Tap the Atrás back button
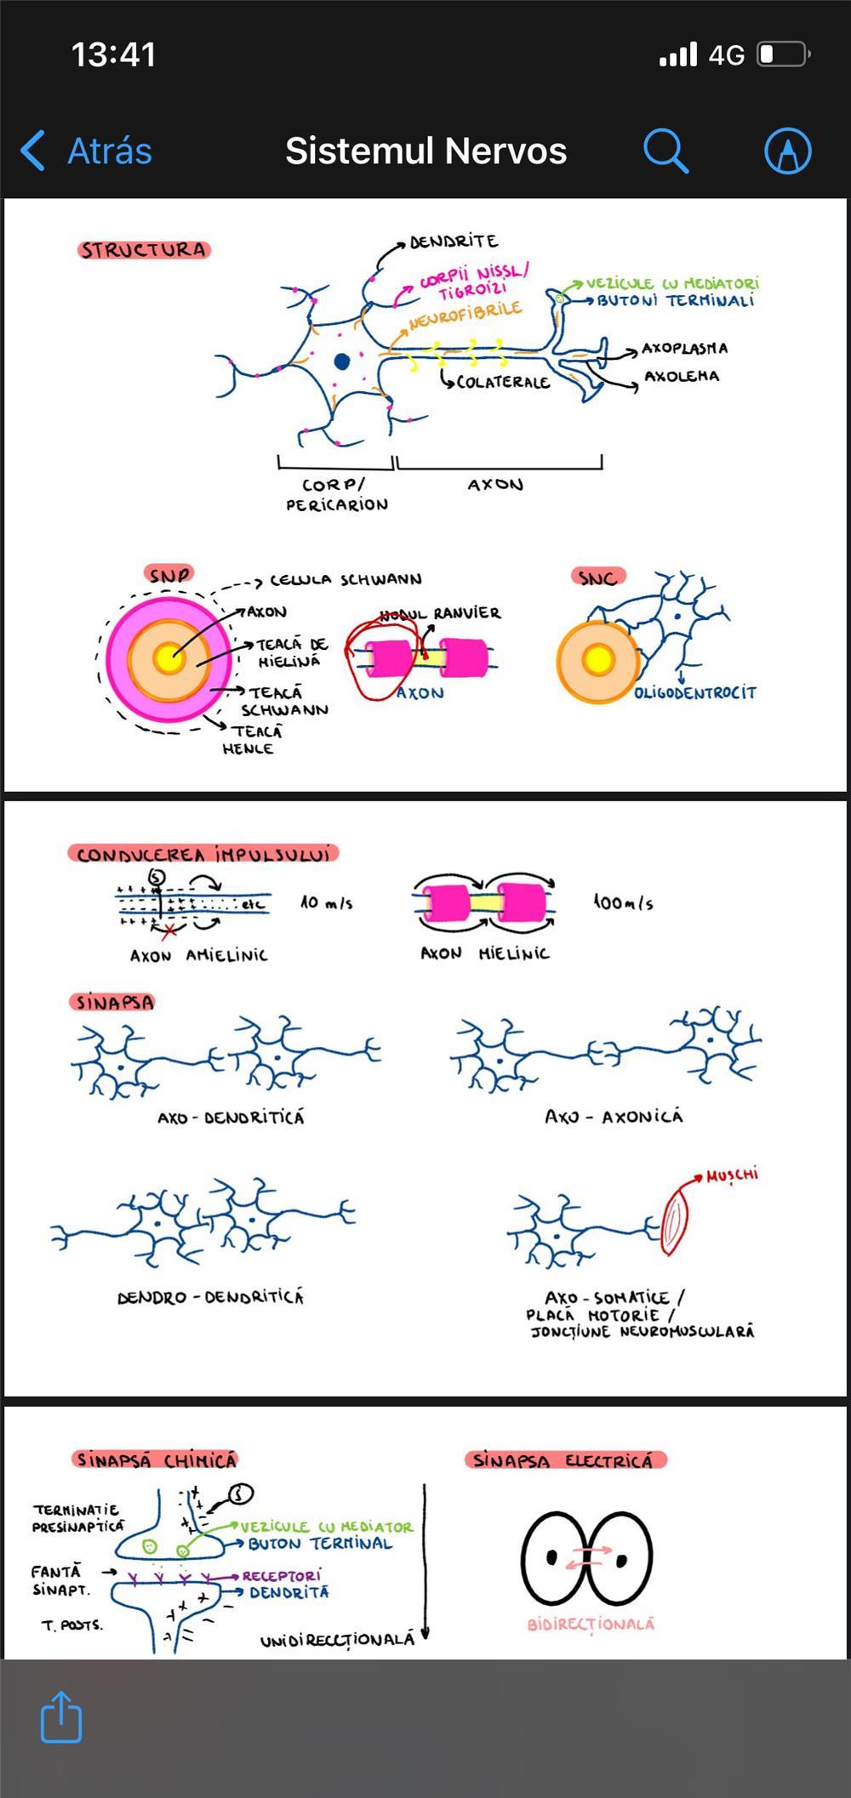pos(88,151)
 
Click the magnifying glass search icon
pos(665,151)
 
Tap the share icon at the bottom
pos(61,1717)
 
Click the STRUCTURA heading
pos(144,250)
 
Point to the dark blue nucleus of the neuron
pos(342,361)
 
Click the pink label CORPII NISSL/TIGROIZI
pos(473,282)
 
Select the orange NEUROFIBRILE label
pos(465,316)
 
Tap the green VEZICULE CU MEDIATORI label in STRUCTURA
pos(672,283)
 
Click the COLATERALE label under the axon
pos(503,382)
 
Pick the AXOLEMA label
pos(681,376)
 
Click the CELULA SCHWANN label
pos(346,580)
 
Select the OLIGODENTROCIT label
pos(694,692)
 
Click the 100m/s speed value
pos(624,902)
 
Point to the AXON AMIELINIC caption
pos(198,955)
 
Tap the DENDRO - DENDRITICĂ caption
pos(210,1297)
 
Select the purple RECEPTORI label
pos(282,1575)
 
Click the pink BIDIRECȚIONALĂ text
pos(591,1624)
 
